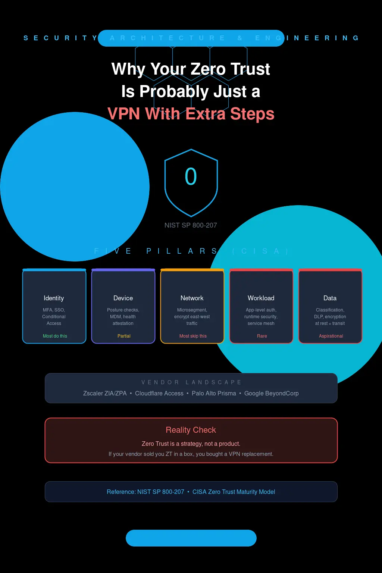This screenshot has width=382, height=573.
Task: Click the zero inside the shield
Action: [191, 176]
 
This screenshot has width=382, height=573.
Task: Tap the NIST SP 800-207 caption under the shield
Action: [191, 225]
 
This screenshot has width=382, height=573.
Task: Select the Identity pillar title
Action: [54, 298]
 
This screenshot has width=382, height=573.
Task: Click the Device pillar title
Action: [123, 298]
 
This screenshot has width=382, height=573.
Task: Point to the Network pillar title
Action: [192, 298]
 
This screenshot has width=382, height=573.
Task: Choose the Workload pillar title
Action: [261, 298]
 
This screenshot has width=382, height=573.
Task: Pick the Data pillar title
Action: [330, 298]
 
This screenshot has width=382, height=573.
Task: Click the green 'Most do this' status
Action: [55, 336]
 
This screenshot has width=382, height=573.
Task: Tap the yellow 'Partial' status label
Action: [124, 336]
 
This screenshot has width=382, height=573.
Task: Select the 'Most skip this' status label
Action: [193, 336]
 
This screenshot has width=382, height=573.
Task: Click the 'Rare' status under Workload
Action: [262, 336]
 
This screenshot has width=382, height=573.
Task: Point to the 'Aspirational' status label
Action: [331, 336]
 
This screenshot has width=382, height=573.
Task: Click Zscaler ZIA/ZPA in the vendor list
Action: [105, 393]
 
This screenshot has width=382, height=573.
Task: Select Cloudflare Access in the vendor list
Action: [159, 393]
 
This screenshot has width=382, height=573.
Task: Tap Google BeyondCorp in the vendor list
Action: [271, 393]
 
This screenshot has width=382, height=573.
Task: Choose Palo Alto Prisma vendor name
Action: [214, 393]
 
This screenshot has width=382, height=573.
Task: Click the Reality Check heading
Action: [191, 430]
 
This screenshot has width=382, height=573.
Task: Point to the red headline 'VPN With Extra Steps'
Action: [191, 114]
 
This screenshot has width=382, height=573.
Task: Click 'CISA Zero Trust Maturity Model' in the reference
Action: [234, 492]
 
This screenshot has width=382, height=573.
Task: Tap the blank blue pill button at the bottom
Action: [191, 538]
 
